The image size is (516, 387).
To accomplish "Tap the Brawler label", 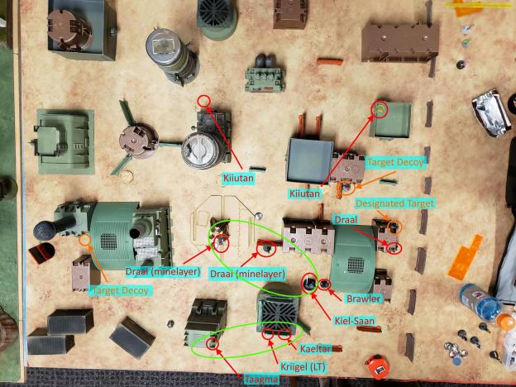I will coord(365,299).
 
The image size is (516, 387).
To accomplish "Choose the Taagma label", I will coord(261,379).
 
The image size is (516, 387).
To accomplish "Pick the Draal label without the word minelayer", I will coord(345,221).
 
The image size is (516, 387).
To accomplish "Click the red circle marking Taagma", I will coord(213,342).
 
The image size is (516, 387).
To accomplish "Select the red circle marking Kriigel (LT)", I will coord(268,335).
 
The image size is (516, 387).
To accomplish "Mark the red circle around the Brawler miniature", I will coord(325,285).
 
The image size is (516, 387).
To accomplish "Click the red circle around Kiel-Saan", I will coord(309,284).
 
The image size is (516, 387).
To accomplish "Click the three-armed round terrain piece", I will coord(139,140).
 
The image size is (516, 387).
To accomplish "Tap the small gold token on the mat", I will coord(127,175).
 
